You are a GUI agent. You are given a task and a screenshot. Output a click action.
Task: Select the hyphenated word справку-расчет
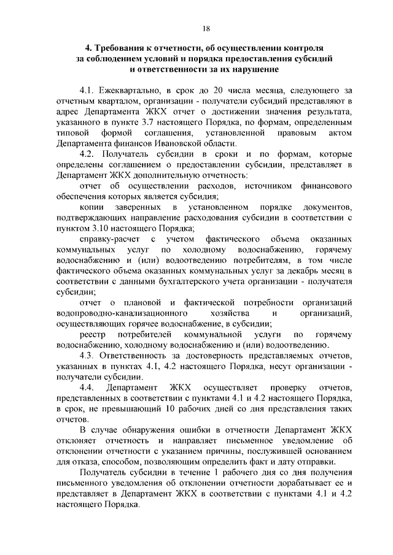(x=111, y=239)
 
